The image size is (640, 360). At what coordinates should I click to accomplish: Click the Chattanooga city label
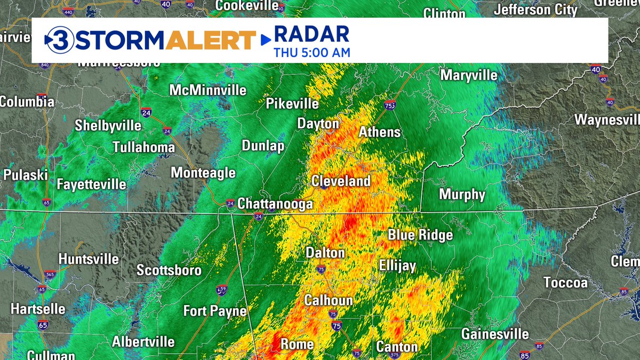275,204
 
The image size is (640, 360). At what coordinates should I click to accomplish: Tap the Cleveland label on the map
341,181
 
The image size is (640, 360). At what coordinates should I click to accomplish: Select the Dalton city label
325,252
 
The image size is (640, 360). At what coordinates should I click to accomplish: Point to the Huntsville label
89,259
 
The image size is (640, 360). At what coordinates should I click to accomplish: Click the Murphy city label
462,195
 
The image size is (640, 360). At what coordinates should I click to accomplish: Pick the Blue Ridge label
420,235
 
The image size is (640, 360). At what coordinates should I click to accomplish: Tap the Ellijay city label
397,266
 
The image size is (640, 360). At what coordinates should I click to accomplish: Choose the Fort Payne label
215,311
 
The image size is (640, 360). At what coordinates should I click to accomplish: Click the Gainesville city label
495,334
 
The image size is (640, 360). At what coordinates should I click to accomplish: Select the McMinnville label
208,91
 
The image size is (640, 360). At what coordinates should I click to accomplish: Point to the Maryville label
469,75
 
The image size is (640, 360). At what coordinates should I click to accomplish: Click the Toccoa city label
565,283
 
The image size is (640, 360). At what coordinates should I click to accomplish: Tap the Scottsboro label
169,270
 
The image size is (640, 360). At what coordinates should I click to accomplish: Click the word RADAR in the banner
312,35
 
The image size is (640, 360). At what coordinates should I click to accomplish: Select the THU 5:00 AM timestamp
312,53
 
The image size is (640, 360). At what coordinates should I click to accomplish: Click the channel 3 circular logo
58,40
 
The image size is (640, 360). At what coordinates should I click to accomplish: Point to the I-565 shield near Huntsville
51,274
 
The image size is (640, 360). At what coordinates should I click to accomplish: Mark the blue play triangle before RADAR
265,39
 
